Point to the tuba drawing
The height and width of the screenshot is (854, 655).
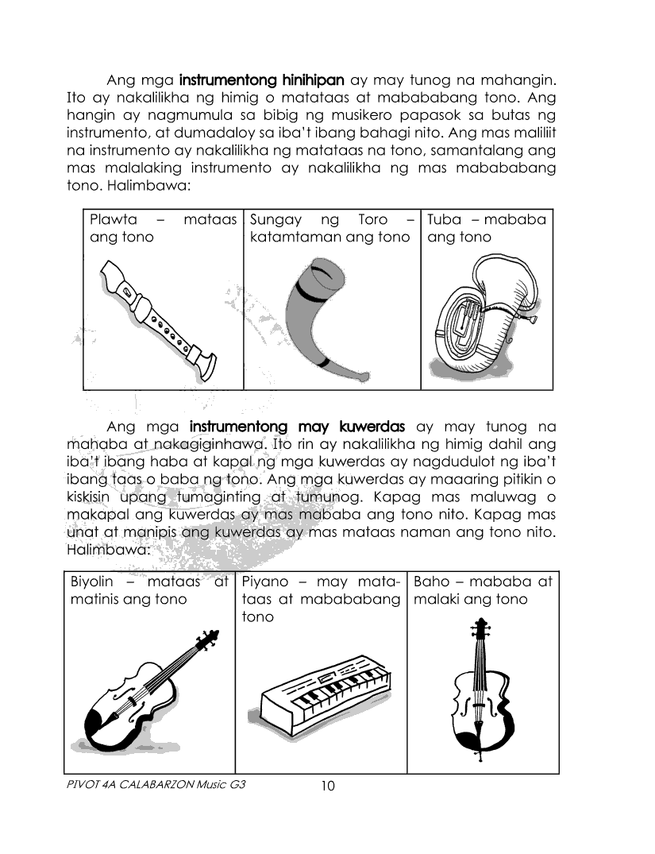pyautogui.click(x=484, y=318)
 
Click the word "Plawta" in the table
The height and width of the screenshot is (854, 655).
pyautogui.click(x=114, y=219)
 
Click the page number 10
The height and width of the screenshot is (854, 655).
pyautogui.click(x=328, y=786)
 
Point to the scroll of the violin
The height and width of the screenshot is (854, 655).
pyautogui.click(x=211, y=637)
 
